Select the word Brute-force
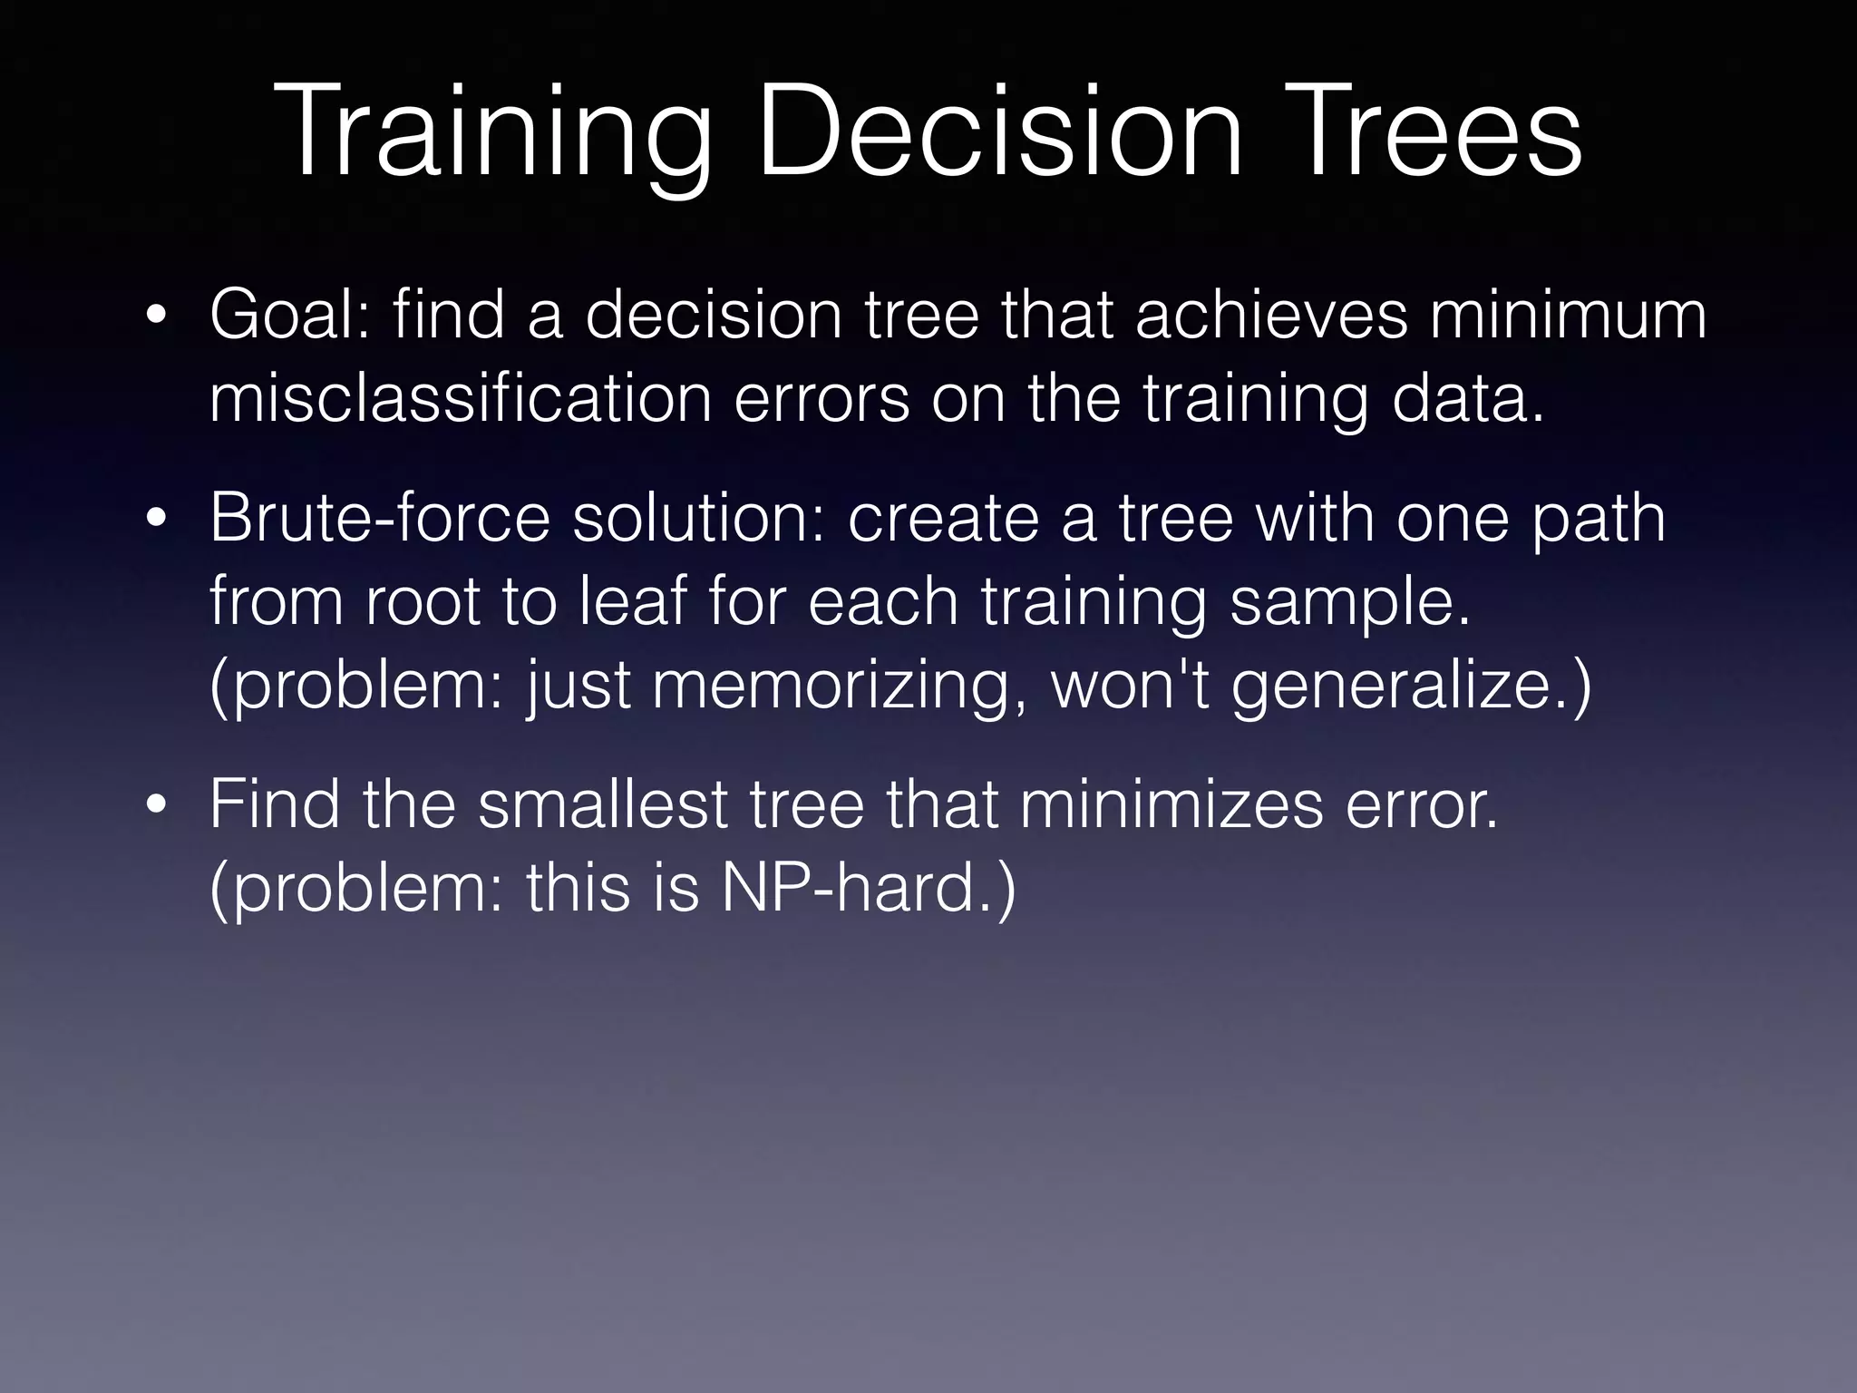click(380, 518)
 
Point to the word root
click(423, 601)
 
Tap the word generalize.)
click(1411, 687)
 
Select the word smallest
click(603, 804)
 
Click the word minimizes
click(1171, 804)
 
